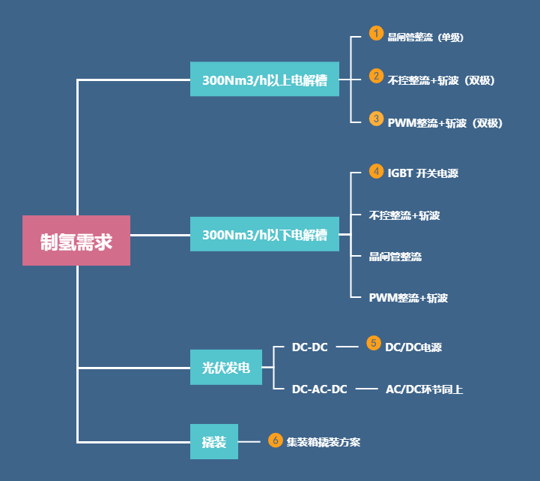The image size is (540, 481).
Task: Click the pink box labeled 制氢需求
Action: point(76,241)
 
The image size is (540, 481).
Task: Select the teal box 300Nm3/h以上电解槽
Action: point(264,80)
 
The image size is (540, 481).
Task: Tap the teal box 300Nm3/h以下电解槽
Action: point(264,235)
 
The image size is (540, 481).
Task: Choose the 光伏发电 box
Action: point(226,368)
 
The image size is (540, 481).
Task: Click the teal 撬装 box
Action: point(214,441)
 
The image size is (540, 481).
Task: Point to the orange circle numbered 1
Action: point(376,34)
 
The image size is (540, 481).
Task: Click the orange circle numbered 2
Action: point(376,77)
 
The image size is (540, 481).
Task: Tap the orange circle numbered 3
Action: point(376,119)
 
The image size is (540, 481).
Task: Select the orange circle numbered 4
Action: point(376,171)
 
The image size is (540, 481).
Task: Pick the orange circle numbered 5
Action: point(374,343)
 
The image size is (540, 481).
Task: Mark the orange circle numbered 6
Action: point(275,440)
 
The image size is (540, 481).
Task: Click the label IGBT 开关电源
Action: point(422,173)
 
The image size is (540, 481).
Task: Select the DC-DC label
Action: point(309,347)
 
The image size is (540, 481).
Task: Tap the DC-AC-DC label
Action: point(319,389)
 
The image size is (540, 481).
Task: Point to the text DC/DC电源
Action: point(413,347)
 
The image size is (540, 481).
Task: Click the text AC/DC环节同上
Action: point(424,389)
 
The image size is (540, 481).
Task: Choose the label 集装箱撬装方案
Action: point(324,442)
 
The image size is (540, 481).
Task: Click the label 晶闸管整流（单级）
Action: point(425,37)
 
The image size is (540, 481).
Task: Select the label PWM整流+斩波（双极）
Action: point(445,123)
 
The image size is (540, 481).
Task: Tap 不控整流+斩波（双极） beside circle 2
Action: point(441,80)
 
